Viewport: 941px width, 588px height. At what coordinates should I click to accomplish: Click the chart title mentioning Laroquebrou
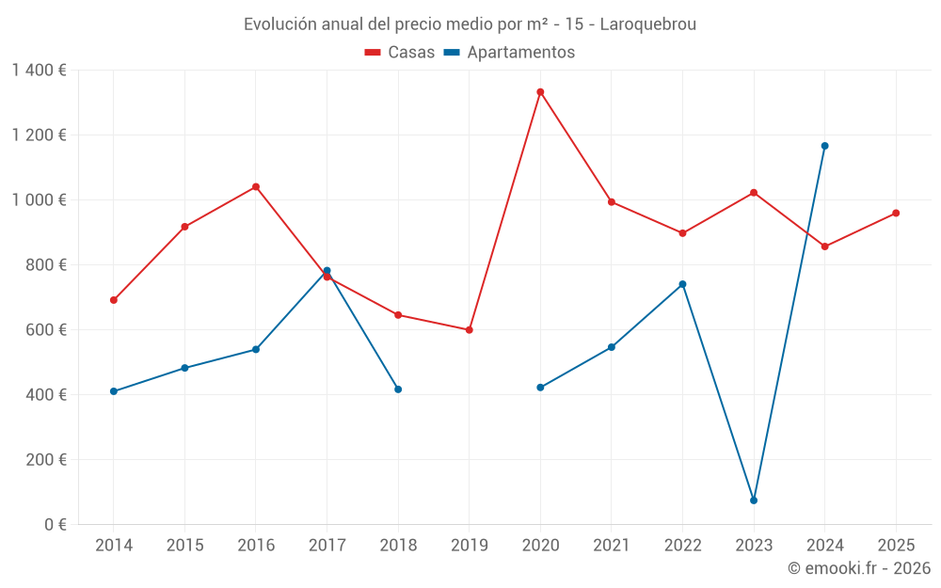(470, 24)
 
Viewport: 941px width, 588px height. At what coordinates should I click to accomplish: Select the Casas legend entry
(400, 53)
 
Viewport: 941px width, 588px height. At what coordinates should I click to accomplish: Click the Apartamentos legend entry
(509, 53)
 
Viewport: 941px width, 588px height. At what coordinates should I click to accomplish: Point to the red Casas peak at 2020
(540, 92)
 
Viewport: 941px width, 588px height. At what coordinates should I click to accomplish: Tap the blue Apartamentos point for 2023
(754, 501)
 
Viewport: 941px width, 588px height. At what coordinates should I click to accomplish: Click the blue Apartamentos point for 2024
(825, 146)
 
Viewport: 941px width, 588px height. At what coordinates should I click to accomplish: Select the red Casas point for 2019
(470, 330)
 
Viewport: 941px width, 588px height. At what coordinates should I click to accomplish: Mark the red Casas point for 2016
(256, 187)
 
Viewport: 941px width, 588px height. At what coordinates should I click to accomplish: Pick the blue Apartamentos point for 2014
(114, 391)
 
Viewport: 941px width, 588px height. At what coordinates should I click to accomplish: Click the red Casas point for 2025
(896, 214)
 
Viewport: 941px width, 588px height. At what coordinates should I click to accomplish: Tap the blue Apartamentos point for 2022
(682, 284)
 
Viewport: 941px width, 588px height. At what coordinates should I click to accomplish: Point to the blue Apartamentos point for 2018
(398, 389)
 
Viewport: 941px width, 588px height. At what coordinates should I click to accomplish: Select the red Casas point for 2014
(114, 300)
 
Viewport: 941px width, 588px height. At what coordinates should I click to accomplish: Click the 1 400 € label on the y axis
(39, 71)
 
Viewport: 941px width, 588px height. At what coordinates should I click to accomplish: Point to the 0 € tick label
(53, 525)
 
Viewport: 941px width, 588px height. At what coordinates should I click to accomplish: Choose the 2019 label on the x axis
(470, 546)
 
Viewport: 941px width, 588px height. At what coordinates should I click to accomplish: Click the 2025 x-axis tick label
(896, 546)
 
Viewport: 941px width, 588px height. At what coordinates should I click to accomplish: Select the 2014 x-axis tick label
(114, 546)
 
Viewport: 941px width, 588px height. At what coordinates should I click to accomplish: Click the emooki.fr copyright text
(858, 568)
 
